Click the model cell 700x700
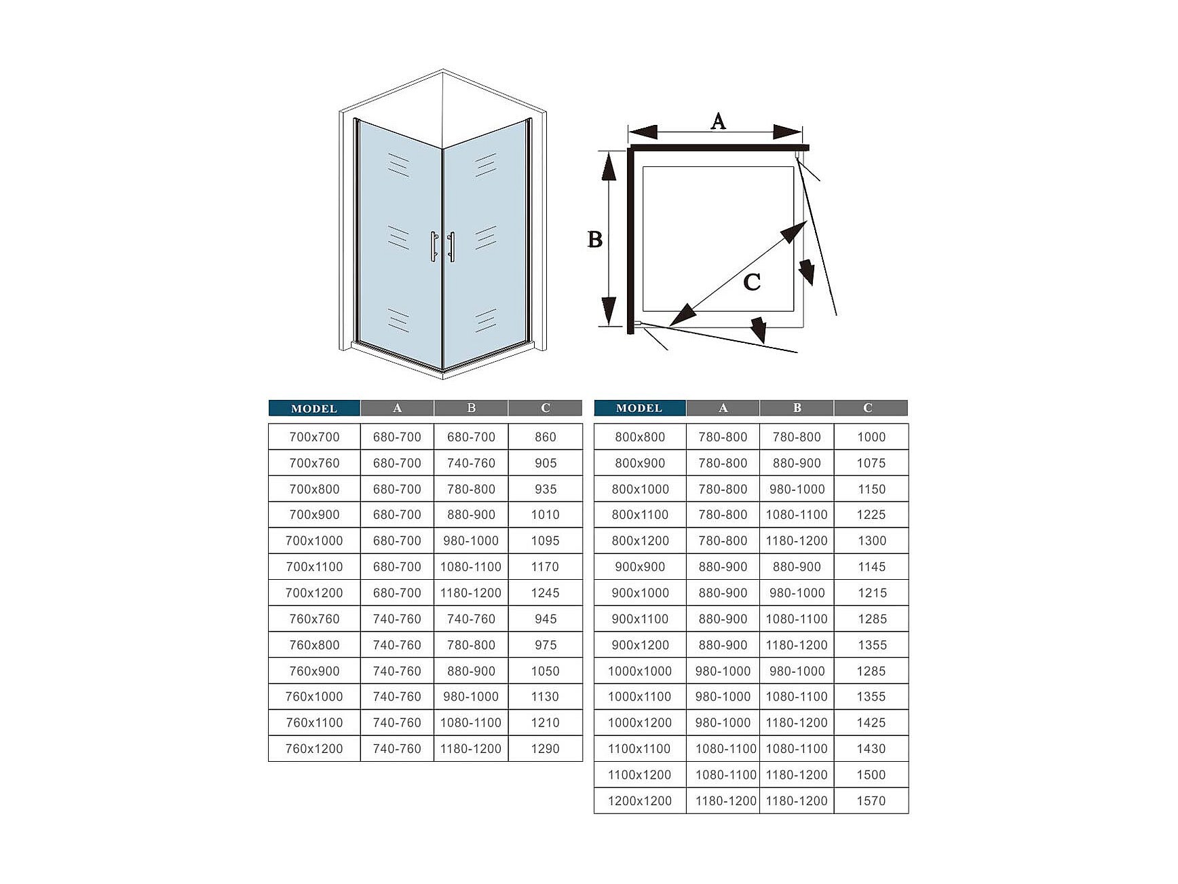tap(314, 437)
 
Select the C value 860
tap(545, 437)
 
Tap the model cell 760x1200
tap(314, 749)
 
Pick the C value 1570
tap(871, 801)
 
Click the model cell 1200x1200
tap(640, 801)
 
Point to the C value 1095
tap(545, 541)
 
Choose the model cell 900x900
tap(640, 567)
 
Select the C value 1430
tap(871, 749)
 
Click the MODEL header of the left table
tap(314, 409)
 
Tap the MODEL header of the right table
tap(639, 408)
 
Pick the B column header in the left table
tap(471, 408)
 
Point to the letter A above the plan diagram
tap(718, 122)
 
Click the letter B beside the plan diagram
tap(594, 240)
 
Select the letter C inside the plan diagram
tap(752, 282)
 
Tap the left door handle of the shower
tap(433, 246)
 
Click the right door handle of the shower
tap(452, 246)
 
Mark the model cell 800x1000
tap(640, 490)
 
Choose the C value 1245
tap(545, 593)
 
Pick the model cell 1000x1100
tap(640, 697)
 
